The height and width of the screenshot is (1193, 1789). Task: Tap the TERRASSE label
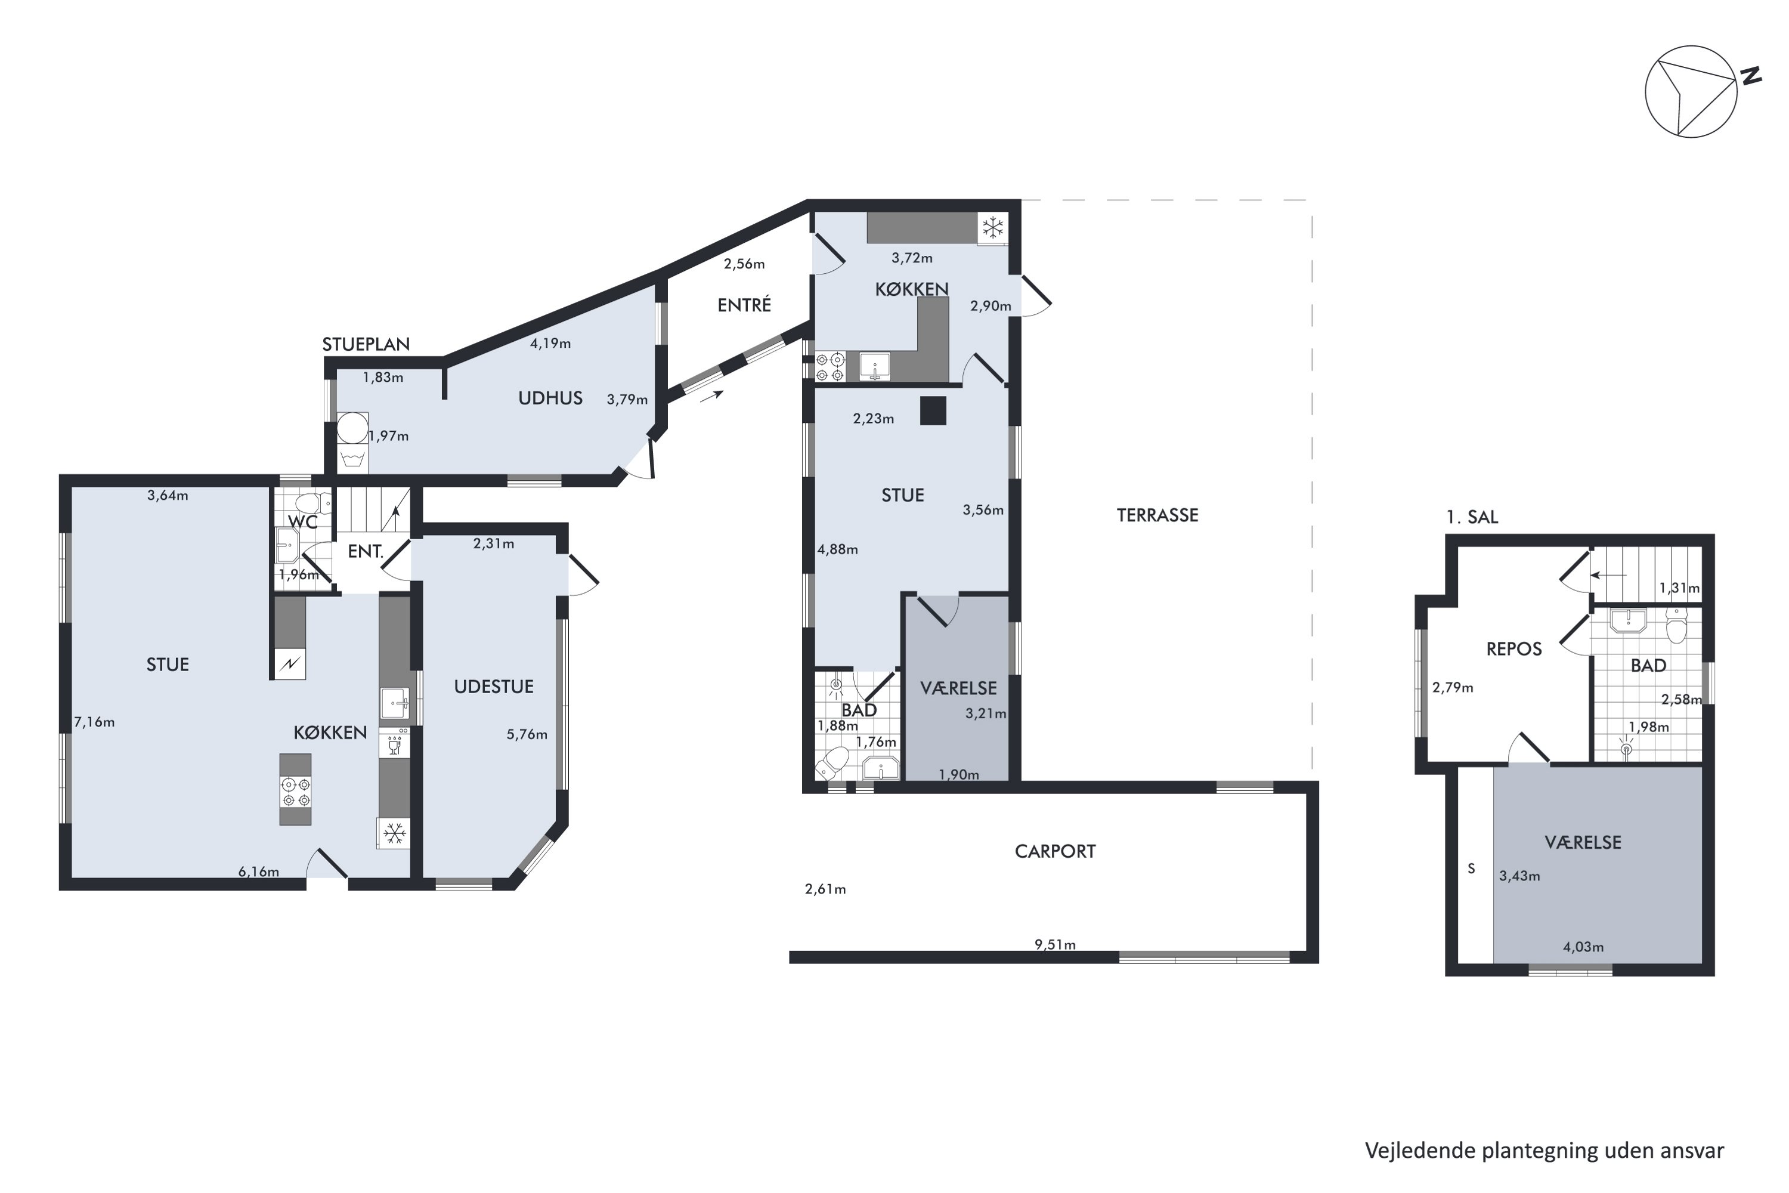[1157, 516]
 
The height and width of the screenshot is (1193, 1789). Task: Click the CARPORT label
[1054, 851]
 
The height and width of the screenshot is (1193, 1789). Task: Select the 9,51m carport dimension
[1054, 944]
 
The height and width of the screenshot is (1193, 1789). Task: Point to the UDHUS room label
[550, 398]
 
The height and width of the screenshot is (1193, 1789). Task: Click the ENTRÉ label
[744, 305]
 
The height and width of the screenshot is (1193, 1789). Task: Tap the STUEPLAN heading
[366, 344]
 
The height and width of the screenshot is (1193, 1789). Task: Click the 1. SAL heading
[1471, 517]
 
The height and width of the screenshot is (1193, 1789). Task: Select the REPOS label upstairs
[1513, 649]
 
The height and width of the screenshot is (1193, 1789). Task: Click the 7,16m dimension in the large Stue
[94, 722]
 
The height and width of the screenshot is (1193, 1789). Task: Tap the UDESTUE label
[494, 687]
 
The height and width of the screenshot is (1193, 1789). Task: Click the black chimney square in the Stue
[933, 411]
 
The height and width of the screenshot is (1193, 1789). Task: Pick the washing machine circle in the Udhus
[352, 428]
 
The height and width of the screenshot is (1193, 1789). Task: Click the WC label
[302, 523]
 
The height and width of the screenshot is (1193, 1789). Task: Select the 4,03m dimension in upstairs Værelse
[1583, 947]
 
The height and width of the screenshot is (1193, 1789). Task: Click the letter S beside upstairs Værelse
[1471, 869]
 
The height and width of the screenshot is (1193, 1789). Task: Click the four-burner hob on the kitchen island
[295, 792]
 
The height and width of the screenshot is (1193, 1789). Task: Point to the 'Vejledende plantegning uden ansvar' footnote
[1543, 1151]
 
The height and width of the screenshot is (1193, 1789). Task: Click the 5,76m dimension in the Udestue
[527, 734]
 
